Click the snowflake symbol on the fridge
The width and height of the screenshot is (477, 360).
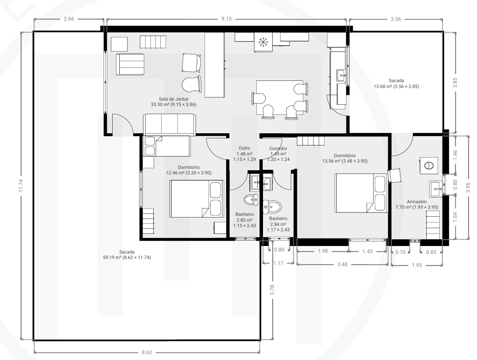click(262, 42)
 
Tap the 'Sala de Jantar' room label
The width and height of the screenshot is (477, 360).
click(174, 99)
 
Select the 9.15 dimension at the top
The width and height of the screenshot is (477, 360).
click(226, 19)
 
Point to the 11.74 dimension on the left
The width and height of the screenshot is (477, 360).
click(21, 185)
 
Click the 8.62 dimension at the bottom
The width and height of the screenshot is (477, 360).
click(147, 352)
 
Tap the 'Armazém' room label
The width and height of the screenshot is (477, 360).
click(417, 202)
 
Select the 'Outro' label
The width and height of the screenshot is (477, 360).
click(244, 148)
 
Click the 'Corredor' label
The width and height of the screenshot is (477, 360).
click(278, 148)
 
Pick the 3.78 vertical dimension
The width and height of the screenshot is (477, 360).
click(272, 290)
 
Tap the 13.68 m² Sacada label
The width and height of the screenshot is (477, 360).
click(396, 86)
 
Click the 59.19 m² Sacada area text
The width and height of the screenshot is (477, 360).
click(127, 257)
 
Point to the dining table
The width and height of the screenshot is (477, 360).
click(280, 97)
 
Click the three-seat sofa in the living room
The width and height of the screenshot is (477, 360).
click(169, 124)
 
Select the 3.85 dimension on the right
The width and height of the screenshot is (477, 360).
click(455, 83)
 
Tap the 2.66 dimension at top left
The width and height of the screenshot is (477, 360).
click(69, 19)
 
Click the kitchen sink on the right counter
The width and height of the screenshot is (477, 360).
click(341, 75)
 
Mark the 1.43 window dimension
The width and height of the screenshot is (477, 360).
click(367, 251)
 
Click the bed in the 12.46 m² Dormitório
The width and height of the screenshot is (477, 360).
click(196, 199)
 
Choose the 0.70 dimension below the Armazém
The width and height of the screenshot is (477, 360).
click(400, 252)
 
